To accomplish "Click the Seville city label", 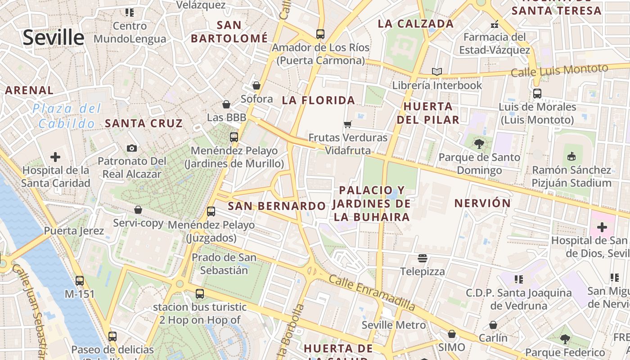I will (54, 37).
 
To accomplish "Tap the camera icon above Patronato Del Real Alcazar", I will (132, 148).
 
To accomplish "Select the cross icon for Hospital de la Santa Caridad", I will (55, 157).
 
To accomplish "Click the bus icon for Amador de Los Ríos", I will (320, 34).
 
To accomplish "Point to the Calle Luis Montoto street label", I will (559, 71).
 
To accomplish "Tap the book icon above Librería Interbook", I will (436, 72).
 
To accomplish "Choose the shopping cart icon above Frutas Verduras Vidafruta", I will (347, 124).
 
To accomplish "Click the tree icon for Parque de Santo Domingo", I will (479, 144).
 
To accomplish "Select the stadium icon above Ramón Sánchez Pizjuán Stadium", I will (571, 157).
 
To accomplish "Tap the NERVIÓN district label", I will (482, 203).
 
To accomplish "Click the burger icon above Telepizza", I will (422, 258).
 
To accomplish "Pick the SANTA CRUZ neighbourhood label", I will (144, 123).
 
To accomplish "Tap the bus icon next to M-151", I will (80, 280).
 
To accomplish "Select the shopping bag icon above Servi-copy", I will (138, 210).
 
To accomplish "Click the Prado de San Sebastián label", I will (224, 264).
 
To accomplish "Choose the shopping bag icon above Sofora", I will (256, 85).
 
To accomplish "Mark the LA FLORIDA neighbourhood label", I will (319, 100).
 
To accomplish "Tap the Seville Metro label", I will (394, 325).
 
